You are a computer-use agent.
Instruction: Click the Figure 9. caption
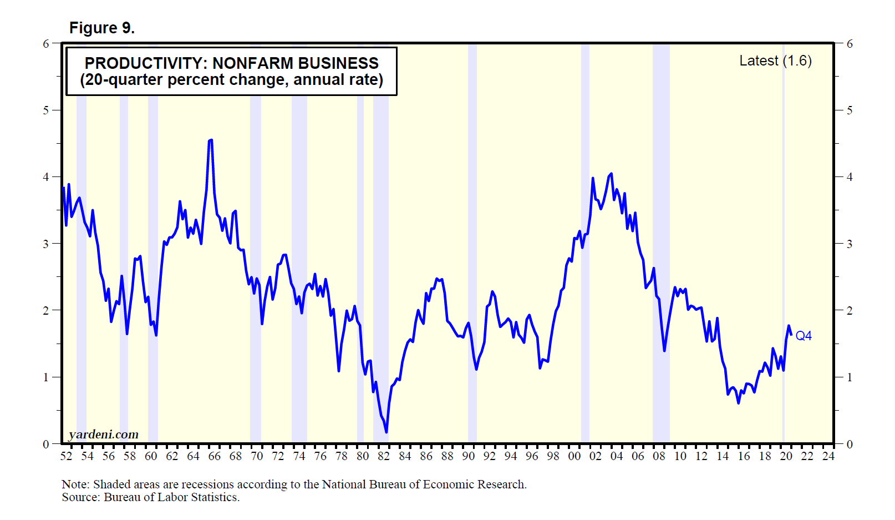point(101,28)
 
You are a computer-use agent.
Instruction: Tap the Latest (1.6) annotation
point(775,60)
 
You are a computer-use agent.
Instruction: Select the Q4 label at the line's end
point(804,336)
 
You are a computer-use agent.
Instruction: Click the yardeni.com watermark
point(103,435)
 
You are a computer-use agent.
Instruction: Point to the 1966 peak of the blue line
point(211,140)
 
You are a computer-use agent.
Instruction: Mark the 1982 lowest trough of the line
point(386,432)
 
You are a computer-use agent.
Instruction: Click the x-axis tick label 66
point(215,456)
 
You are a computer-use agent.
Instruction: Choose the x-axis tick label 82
point(384,456)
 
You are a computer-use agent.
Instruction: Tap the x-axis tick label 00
point(574,456)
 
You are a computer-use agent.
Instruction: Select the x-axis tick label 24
point(828,456)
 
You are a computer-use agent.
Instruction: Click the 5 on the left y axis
point(46,110)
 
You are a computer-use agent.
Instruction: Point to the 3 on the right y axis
point(849,244)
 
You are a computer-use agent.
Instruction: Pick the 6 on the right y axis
point(849,44)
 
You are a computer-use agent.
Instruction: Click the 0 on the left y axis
point(46,444)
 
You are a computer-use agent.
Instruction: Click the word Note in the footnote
point(74,484)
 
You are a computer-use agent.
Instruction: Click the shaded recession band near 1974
point(299,250)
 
